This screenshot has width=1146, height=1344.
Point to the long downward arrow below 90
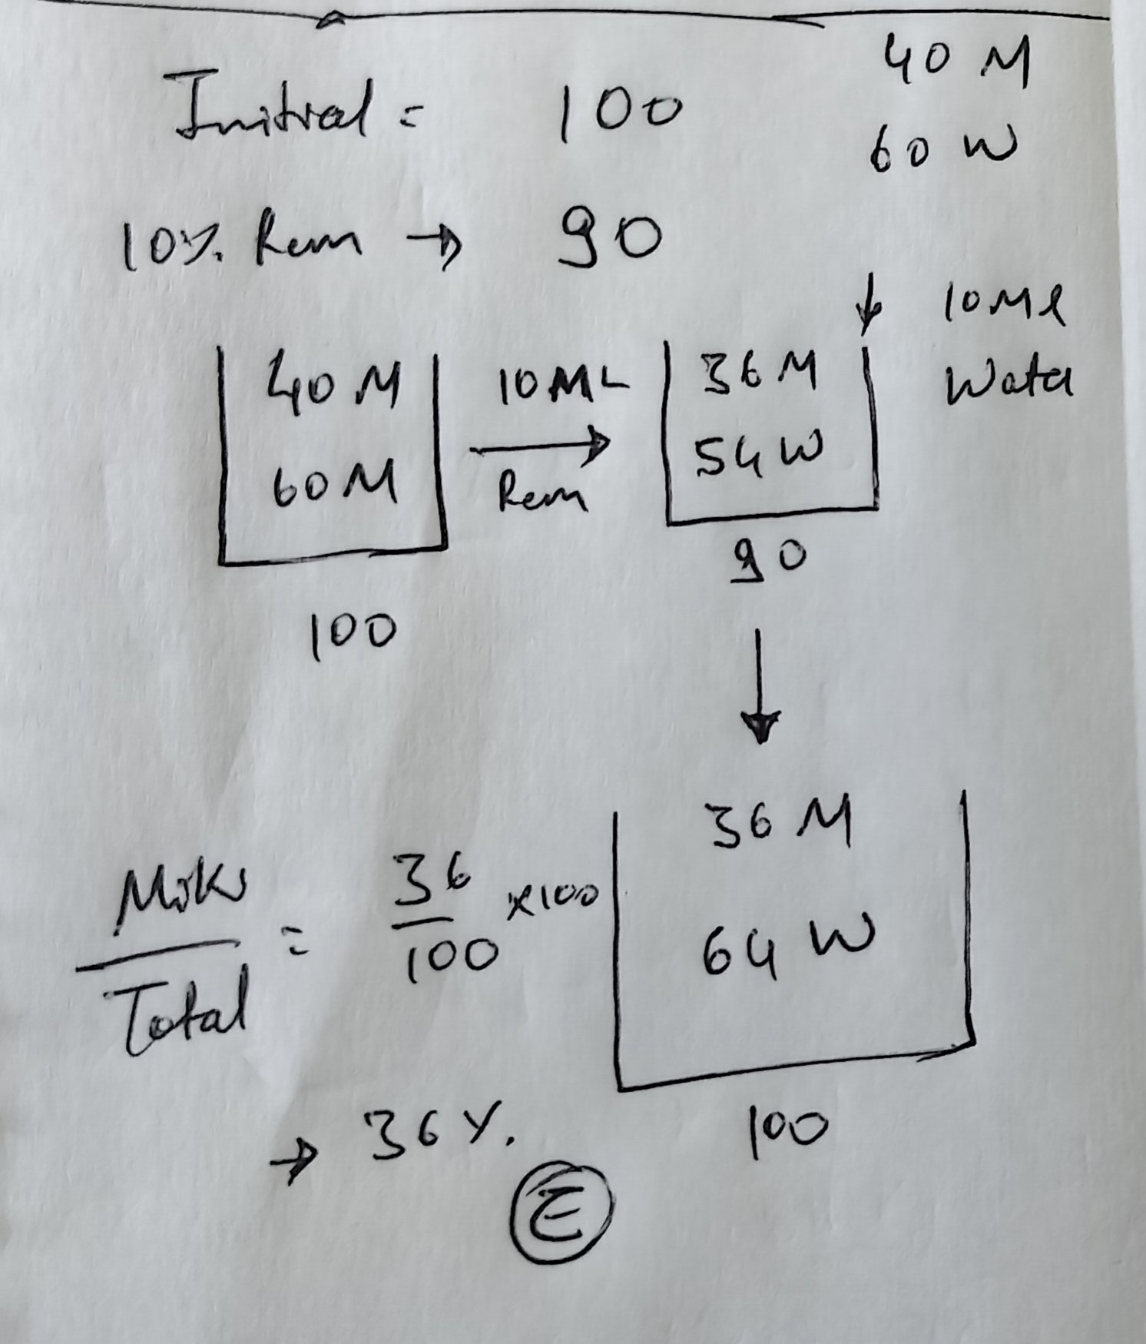click(760, 684)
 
